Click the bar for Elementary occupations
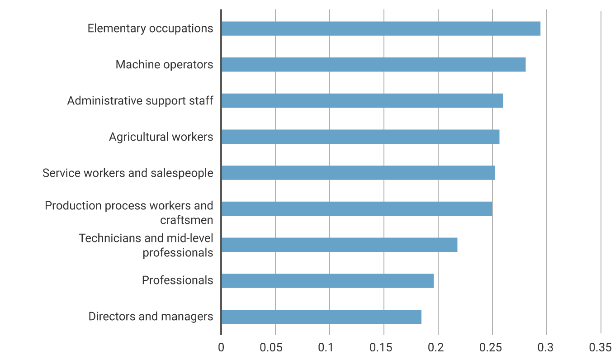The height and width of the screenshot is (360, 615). [381, 28]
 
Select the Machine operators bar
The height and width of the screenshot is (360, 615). [374, 65]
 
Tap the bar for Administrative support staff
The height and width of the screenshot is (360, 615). [362, 101]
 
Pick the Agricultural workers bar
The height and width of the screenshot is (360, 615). [360, 137]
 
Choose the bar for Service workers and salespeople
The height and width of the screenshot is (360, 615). [358, 173]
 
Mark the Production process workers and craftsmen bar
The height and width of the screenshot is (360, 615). [357, 208]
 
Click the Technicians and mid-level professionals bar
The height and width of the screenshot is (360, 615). [339, 245]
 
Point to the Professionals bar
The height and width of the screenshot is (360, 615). [327, 281]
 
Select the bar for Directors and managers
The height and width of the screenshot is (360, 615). [322, 317]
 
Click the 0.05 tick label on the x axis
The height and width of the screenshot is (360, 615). [275, 347]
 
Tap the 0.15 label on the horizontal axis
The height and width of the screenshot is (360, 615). [384, 347]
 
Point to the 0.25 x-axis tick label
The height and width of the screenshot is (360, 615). [492, 347]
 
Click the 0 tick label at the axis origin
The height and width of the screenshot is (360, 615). [221, 347]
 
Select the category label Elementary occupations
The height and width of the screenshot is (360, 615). [150, 28]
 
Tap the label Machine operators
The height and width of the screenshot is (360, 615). [164, 65]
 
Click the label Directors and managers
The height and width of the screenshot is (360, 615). [151, 317]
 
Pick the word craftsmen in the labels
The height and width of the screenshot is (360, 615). [186, 220]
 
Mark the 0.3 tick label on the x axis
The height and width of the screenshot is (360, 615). [547, 347]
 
